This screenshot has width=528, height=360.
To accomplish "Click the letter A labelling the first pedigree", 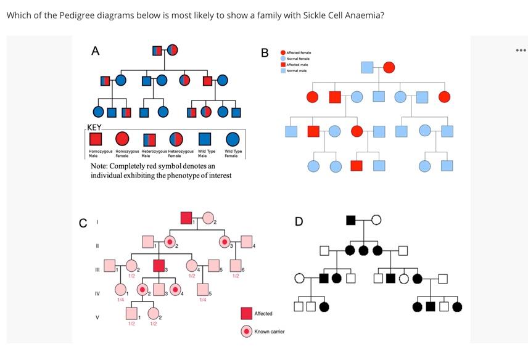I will (x=95, y=51).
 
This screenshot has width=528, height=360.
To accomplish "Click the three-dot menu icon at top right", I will (x=521, y=50).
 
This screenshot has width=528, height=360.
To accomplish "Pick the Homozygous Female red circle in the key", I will (x=122, y=139).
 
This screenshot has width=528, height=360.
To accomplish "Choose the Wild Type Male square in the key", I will (x=205, y=139).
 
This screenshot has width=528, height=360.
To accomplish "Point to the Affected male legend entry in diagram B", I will (x=294, y=65).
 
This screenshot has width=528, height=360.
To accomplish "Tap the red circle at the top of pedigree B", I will (x=389, y=67).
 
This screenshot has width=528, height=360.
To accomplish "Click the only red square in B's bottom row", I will (x=357, y=165).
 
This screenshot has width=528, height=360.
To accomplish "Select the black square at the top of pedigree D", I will (x=350, y=220).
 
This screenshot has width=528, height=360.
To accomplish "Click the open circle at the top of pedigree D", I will (x=376, y=220).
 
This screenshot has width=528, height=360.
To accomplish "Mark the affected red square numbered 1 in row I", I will (x=186, y=218).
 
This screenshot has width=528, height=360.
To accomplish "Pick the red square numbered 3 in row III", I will (x=159, y=266).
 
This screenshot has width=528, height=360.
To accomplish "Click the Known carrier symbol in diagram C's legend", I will (x=246, y=332).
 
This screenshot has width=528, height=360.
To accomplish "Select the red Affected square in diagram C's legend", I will (x=246, y=314).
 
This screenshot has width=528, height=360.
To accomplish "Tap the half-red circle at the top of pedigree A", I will (x=173, y=50).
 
